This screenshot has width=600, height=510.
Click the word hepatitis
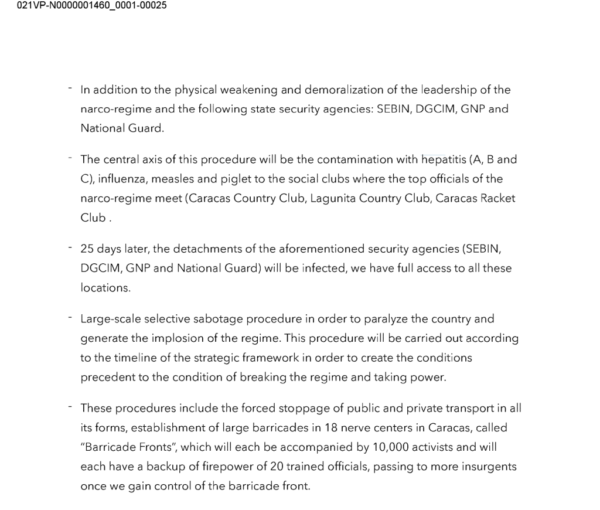point(444,159)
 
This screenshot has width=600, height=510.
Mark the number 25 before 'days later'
point(87,249)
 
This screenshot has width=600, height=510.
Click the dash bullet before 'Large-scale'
point(69,317)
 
